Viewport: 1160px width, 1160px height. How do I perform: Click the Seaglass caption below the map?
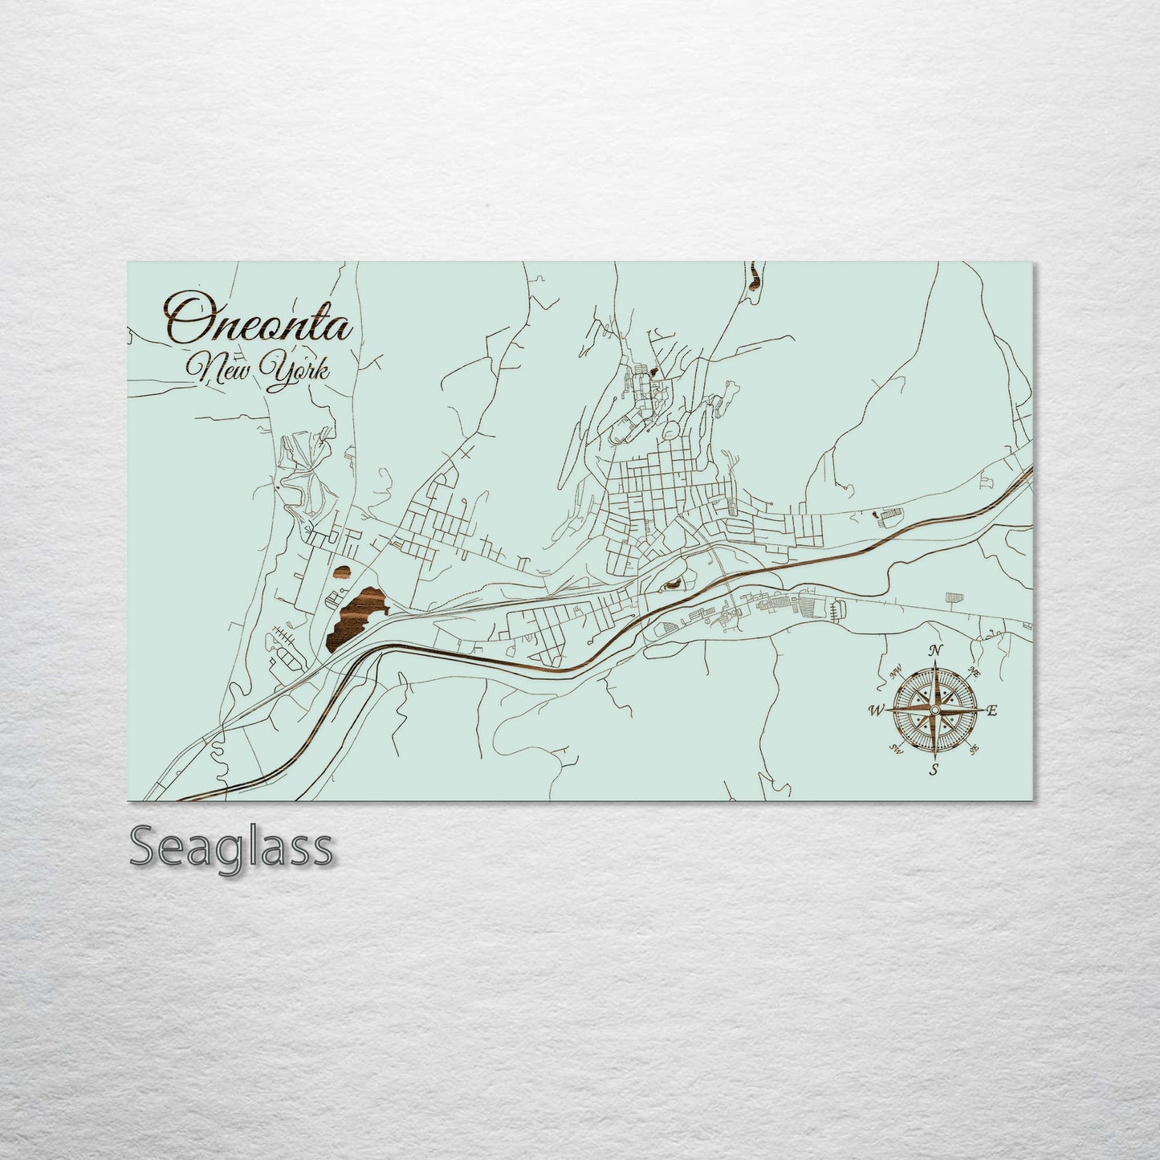click(230, 847)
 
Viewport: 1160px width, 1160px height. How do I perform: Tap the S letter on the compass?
click(934, 770)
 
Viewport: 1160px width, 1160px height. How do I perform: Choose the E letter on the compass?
click(992, 710)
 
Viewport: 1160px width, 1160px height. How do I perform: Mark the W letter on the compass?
click(877, 710)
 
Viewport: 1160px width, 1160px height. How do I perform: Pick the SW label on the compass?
click(896, 749)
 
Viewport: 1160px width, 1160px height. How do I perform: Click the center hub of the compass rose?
click(934, 710)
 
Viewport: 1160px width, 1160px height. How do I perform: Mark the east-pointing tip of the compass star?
click(979, 710)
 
